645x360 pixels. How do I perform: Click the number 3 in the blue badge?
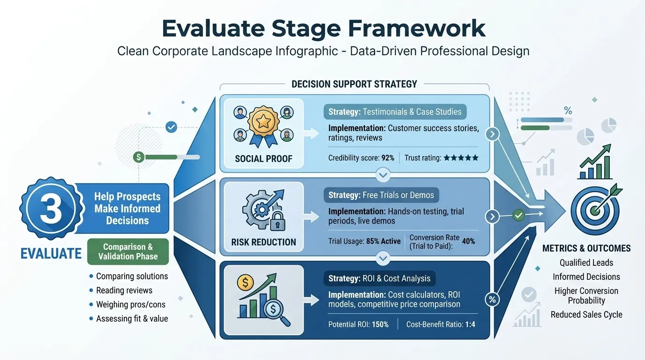click(x=51, y=209)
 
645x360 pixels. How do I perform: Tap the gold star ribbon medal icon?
click(x=263, y=123)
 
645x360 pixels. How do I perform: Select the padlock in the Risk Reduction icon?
click(x=278, y=222)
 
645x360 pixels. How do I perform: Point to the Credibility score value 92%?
click(x=388, y=158)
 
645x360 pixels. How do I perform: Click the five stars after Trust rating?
click(x=461, y=158)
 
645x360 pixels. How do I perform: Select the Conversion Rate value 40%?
click(x=468, y=241)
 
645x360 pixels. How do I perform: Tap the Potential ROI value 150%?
click(x=380, y=324)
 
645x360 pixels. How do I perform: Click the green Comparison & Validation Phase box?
click(x=128, y=251)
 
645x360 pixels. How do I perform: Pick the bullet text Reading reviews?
click(x=124, y=290)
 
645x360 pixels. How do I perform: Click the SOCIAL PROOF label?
click(x=263, y=158)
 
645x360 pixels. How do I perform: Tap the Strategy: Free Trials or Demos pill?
click(x=381, y=195)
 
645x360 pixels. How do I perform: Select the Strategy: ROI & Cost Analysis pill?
click(x=379, y=278)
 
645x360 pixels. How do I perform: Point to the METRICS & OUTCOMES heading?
click(x=586, y=248)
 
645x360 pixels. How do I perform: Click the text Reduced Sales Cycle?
click(x=586, y=315)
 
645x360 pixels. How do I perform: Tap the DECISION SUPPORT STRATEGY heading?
click(x=354, y=84)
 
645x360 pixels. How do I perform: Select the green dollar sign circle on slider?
click(x=138, y=157)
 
